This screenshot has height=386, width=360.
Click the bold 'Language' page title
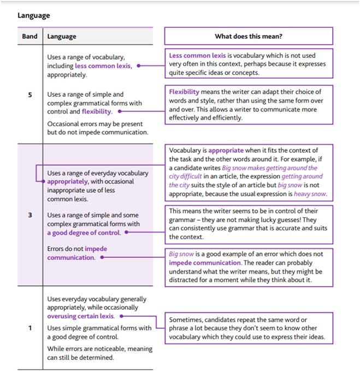(34, 15)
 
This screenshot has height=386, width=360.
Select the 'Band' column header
(30, 37)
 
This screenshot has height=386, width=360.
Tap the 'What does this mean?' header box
(249, 37)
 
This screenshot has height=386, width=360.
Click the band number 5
(30, 94)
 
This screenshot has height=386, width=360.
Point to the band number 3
(30, 215)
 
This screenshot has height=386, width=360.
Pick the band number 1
(30, 328)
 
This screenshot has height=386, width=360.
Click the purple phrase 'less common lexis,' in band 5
(103, 66)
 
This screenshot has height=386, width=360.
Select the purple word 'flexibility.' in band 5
(97, 111)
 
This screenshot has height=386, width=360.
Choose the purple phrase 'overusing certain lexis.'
(81, 316)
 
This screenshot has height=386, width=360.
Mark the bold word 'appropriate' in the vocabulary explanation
(226, 150)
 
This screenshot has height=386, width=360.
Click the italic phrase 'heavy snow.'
(310, 194)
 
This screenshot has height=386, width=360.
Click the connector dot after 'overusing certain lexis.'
(121, 316)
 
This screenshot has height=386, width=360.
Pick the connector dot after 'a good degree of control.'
(127, 232)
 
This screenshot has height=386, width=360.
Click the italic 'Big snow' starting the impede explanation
(181, 254)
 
